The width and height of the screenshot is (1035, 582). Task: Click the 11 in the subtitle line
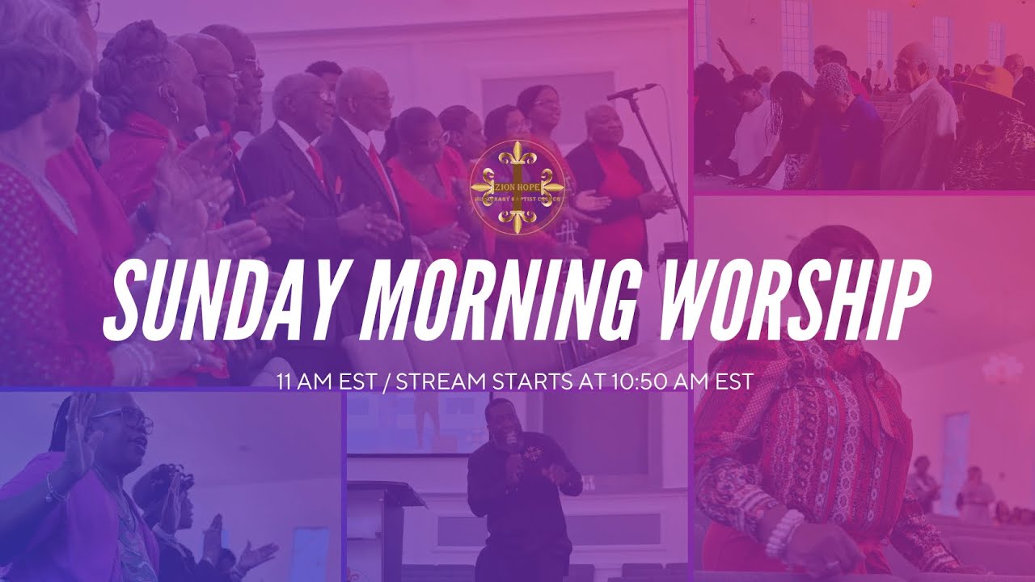pyautogui.click(x=283, y=381)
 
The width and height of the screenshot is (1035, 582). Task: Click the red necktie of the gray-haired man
pyautogui.click(x=378, y=170)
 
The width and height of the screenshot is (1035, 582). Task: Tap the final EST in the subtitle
pyautogui.click(x=737, y=381)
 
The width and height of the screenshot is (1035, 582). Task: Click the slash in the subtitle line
pyautogui.click(x=387, y=381)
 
